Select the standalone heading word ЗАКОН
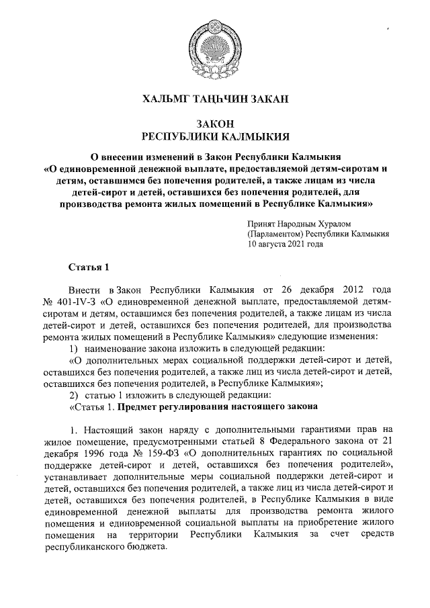(214, 124)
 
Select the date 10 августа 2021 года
(286, 245)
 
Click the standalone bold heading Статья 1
(89, 269)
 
